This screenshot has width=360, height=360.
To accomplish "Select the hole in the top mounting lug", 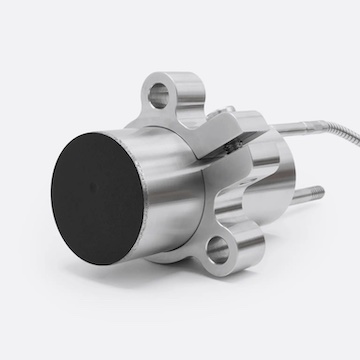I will click(157, 97).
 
